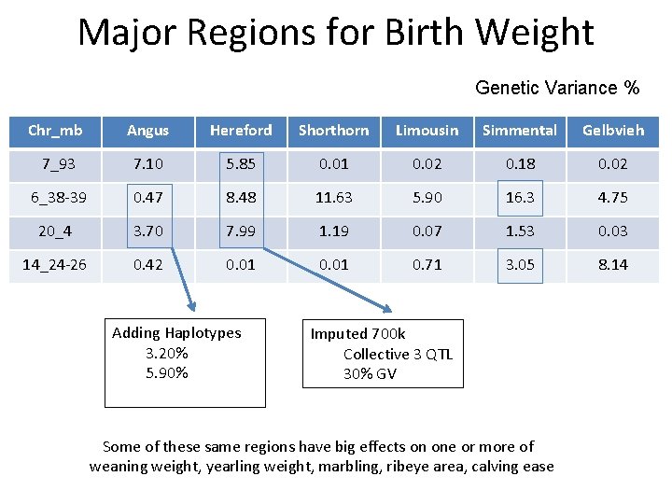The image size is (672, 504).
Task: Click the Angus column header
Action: pos(147,131)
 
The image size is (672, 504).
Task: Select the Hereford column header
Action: pos(241,131)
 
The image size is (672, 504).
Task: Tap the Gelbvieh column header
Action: pos(613,131)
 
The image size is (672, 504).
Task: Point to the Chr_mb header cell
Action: pos(54,131)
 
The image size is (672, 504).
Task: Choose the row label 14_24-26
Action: pos(54,265)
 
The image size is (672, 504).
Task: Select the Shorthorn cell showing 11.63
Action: pos(333,198)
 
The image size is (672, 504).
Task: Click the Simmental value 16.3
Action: pos(520,198)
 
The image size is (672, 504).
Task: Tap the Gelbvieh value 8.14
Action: pos(613,265)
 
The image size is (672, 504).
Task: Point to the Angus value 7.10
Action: pos(147,164)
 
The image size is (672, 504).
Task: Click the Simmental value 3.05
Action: pos(520,265)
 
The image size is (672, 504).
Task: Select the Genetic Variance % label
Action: pos(557,89)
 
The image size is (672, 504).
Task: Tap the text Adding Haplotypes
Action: pos(176,333)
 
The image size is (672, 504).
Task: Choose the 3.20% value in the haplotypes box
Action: pos(166,354)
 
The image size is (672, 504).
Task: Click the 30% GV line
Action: pos(370,374)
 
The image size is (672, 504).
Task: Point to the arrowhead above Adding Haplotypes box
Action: pos(191,303)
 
